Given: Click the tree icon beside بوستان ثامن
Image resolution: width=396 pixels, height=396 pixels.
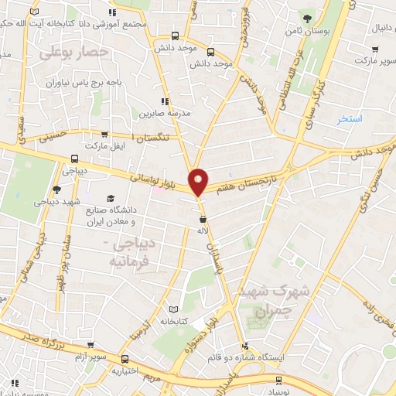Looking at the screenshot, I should point(308,18).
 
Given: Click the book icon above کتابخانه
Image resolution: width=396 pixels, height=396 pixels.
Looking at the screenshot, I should point(184,309).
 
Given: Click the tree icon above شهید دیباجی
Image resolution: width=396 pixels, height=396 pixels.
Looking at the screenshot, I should point(56,189).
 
